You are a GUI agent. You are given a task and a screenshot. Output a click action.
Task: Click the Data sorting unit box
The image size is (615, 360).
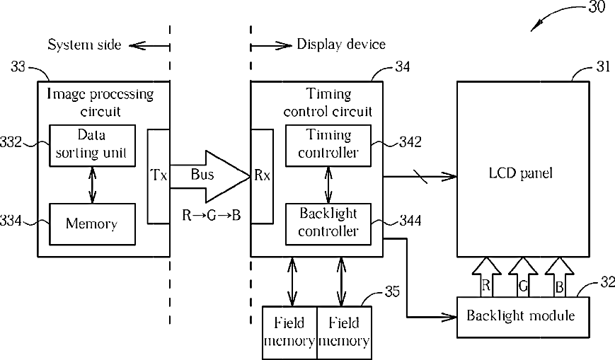[92, 146]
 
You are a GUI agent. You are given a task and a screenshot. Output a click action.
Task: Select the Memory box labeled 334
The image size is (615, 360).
[92, 224]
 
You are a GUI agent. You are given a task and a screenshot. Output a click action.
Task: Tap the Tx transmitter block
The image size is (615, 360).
[159, 176]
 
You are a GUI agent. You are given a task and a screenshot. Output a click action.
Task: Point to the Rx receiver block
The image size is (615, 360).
[262, 176]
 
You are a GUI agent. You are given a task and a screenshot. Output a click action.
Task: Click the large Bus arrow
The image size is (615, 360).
[210, 176]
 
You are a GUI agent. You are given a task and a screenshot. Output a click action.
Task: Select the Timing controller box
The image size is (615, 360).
[328, 146]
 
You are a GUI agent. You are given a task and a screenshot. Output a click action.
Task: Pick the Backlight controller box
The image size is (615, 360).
[328, 224]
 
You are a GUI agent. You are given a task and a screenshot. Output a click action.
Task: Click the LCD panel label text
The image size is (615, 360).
[520, 173]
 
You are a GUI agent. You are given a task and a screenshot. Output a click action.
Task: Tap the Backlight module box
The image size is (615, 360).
[523, 318]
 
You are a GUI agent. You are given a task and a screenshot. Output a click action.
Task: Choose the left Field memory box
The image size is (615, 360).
[289, 332]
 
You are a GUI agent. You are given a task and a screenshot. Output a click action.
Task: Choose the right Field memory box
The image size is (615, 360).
[344, 332]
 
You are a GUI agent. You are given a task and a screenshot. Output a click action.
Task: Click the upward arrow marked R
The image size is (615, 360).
[486, 278]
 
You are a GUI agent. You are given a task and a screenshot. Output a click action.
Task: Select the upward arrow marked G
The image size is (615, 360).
[523, 278]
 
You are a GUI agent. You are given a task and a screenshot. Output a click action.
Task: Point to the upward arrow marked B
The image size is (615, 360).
[559, 278]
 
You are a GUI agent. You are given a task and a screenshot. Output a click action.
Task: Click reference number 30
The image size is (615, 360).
[597, 7]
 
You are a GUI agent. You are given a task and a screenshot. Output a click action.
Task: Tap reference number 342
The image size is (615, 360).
[410, 141]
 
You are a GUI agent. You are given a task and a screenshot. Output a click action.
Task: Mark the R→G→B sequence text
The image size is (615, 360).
[212, 215]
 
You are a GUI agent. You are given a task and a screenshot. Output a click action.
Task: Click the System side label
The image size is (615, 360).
[84, 45]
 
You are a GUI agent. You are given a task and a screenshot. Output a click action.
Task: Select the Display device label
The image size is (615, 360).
[341, 45]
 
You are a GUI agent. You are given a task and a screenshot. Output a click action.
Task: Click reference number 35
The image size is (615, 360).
[392, 291]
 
